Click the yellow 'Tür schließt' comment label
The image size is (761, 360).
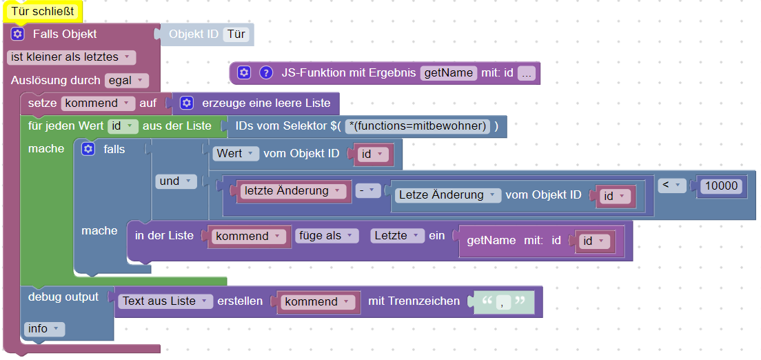[x=43, y=12]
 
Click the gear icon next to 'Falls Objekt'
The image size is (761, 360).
[x=18, y=34]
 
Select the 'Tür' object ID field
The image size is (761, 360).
[x=235, y=34]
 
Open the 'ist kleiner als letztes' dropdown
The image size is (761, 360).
[x=72, y=57]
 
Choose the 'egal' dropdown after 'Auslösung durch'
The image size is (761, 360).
[x=126, y=81]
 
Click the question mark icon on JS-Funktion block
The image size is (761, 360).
[x=266, y=73]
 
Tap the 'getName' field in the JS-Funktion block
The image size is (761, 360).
[x=449, y=73]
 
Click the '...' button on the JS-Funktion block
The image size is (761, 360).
[x=527, y=73]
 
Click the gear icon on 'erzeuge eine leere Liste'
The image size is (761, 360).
[x=187, y=103]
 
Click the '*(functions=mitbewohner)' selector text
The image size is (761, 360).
[x=419, y=126]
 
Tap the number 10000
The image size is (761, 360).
[x=722, y=186]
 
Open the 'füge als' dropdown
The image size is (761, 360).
[x=327, y=236]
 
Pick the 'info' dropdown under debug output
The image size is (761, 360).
[x=44, y=329]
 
